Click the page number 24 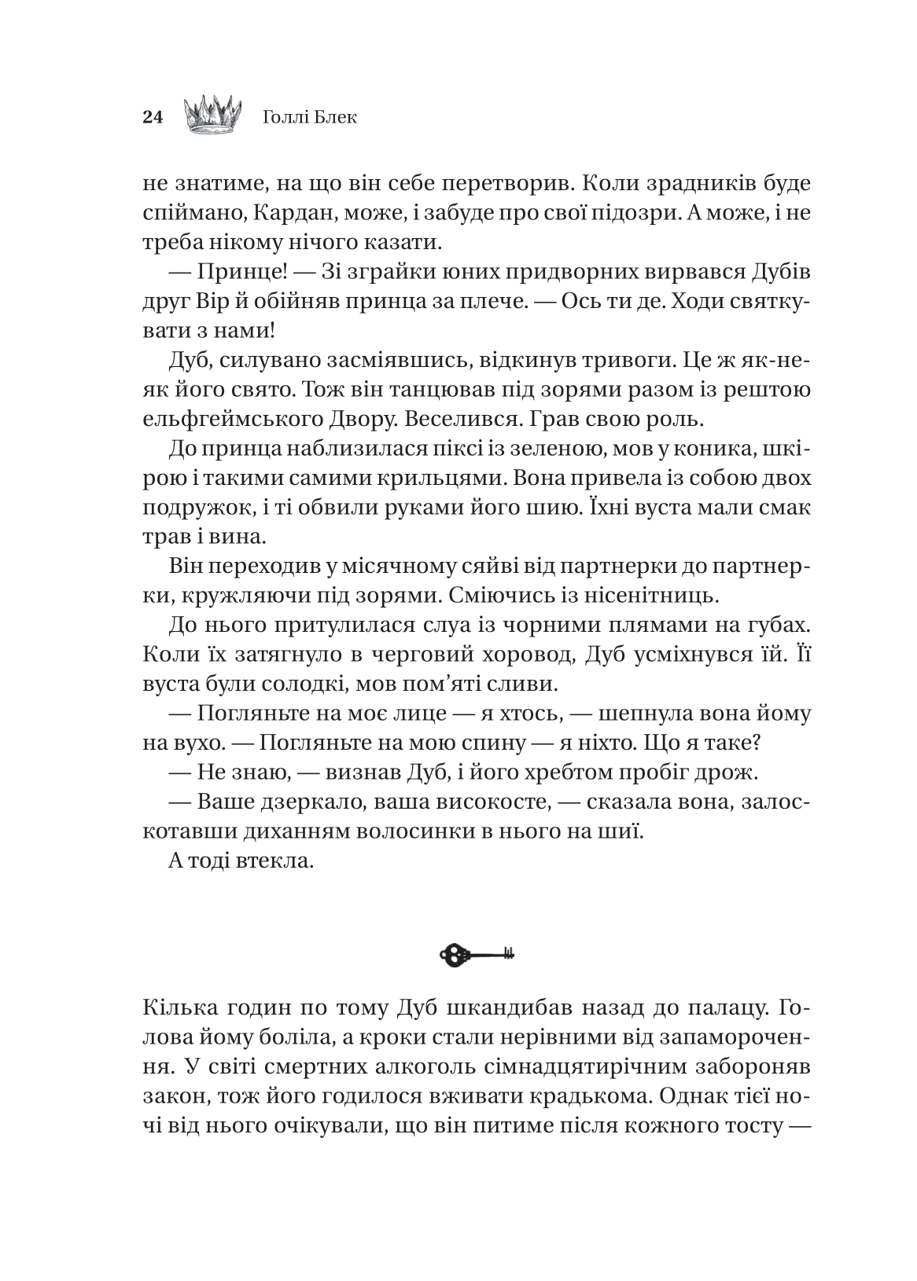pyautogui.click(x=152, y=118)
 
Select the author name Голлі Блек pyautogui.click(x=308, y=118)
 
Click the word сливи pyautogui.click(x=521, y=685)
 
